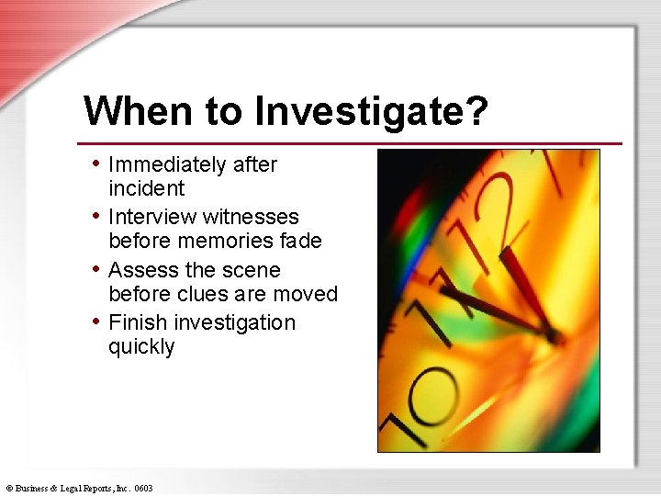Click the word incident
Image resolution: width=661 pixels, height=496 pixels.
click(147, 189)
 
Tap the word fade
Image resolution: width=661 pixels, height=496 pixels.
click(302, 242)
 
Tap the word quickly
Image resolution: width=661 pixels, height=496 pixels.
click(141, 347)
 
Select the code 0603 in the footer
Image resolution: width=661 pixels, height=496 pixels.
click(142, 489)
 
